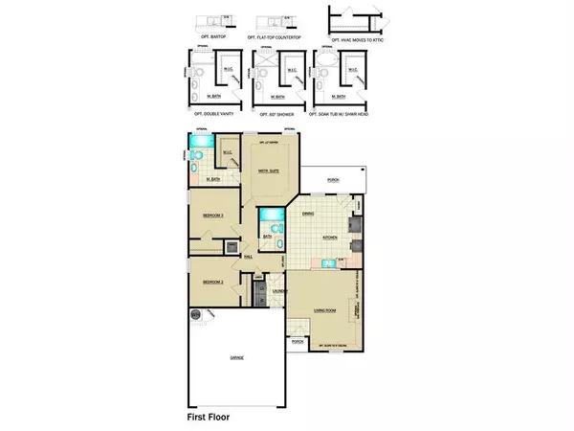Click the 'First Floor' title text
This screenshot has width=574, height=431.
click(212, 418)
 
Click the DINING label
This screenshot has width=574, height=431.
click(308, 214)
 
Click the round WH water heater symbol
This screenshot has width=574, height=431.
click(195, 314)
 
